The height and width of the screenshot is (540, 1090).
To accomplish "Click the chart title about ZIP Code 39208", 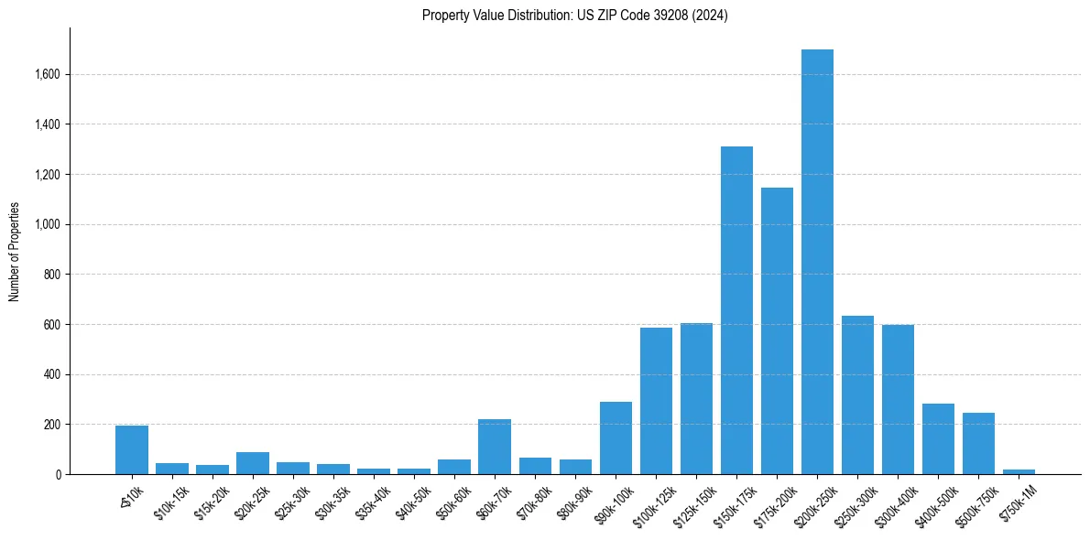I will pyautogui.click(x=574, y=16).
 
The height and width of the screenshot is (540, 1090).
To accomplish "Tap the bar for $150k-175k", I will pyautogui.click(x=736, y=310).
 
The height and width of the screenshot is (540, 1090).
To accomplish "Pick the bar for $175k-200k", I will pyautogui.click(x=777, y=330).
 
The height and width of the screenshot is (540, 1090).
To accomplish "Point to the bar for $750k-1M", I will pyautogui.click(x=1019, y=471).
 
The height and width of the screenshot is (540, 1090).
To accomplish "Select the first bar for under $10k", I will pyautogui.click(x=132, y=449).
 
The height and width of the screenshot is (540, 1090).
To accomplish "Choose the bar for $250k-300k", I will pyautogui.click(x=857, y=394).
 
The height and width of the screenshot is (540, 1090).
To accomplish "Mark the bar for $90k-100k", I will pyautogui.click(x=616, y=437).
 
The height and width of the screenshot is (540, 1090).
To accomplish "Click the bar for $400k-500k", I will pyautogui.click(x=938, y=438).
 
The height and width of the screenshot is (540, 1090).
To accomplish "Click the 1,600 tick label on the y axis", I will pyautogui.click(x=48, y=74).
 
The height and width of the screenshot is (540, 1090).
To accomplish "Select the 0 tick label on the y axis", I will pyautogui.click(x=59, y=474).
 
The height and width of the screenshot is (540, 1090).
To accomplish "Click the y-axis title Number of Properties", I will pyautogui.click(x=15, y=251).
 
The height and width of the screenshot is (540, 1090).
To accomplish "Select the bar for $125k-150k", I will pyautogui.click(x=696, y=398).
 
